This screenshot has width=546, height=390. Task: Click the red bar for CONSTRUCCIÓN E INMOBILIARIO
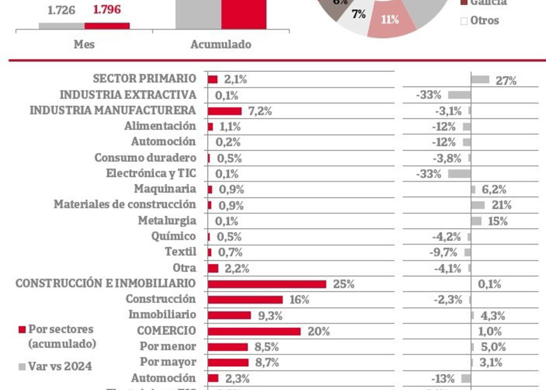(x=267, y=284)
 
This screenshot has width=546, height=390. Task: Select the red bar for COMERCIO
(x=254, y=331)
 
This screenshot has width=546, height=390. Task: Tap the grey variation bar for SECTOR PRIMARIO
(x=480, y=79)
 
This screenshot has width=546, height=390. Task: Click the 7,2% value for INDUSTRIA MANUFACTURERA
(x=260, y=111)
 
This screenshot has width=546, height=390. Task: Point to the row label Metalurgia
(x=167, y=221)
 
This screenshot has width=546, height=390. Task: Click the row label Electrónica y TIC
(x=151, y=173)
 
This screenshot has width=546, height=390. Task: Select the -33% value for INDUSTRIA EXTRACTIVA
(x=428, y=95)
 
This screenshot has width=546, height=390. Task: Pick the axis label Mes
(x=84, y=44)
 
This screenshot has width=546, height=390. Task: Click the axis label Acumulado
(x=221, y=44)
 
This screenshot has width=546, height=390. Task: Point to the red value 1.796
(x=107, y=10)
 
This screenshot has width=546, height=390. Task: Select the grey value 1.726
(x=61, y=10)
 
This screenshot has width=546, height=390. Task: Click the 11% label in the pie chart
(x=390, y=20)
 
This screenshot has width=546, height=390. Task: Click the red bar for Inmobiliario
(x=229, y=315)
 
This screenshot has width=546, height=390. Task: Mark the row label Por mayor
(x=168, y=361)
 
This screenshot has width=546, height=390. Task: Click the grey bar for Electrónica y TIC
(x=459, y=174)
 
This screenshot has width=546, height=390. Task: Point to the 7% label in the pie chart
(x=359, y=14)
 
